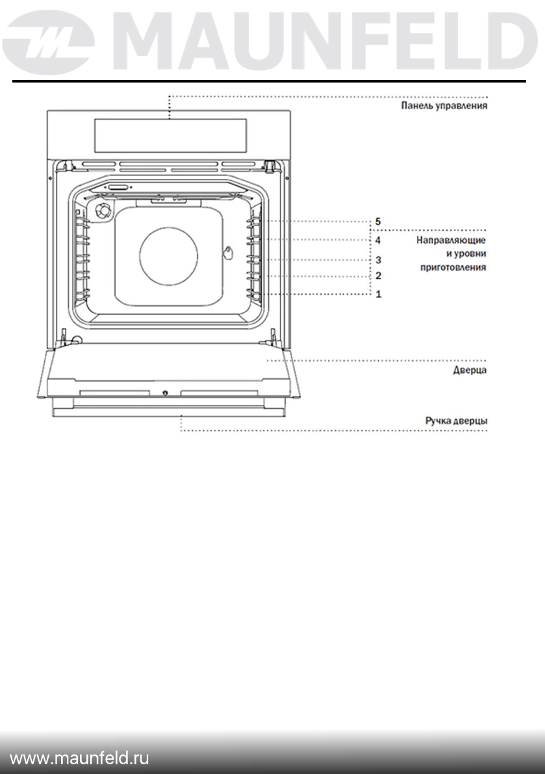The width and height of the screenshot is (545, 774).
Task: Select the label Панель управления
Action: (444, 105)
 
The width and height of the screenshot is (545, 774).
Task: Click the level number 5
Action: (378, 222)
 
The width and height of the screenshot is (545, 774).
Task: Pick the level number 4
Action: (378, 240)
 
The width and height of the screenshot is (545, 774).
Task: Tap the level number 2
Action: (378, 276)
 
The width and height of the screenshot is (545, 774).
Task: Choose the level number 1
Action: (378, 294)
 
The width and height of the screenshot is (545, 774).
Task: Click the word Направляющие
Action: (451, 240)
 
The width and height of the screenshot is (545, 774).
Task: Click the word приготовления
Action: (453, 266)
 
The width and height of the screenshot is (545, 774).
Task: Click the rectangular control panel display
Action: (170, 134)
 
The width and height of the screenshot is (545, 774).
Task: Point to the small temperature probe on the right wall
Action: (229, 254)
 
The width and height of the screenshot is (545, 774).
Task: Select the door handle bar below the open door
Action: (169, 412)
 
